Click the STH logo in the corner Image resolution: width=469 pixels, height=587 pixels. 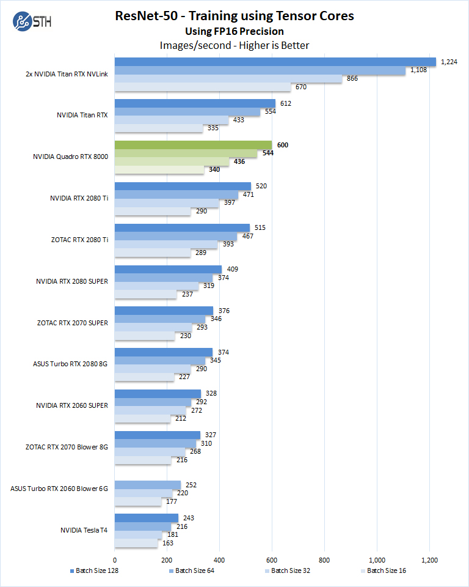pos(32,23)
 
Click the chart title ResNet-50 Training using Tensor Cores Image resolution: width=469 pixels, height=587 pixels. pos(234,16)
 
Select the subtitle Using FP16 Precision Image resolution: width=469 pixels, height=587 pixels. pos(234,31)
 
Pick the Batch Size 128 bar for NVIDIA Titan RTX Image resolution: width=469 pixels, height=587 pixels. pos(195,103)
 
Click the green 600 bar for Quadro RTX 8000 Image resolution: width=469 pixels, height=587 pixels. pos(193,145)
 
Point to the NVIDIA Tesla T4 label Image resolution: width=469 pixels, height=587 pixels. pos(84,530)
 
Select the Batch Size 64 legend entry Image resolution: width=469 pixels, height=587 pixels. pos(192,570)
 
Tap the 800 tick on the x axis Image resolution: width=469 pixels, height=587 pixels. pos(324,559)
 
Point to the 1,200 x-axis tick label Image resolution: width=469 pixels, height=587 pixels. pos(429,559)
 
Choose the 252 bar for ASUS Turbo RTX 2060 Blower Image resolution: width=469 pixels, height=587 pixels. pos(148,485)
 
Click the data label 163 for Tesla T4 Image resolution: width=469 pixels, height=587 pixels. pos(168,543)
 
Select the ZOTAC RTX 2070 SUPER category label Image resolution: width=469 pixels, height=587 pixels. pos(72,323)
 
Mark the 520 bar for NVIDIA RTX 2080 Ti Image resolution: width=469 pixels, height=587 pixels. pos(183,186)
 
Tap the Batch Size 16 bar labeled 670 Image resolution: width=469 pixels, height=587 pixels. pos(203,87)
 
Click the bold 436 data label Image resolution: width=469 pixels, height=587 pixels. pos(240,161)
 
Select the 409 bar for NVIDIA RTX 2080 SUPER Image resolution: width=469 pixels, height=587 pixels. pos(168,269)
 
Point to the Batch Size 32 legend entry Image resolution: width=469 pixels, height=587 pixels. pos(288,570)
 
